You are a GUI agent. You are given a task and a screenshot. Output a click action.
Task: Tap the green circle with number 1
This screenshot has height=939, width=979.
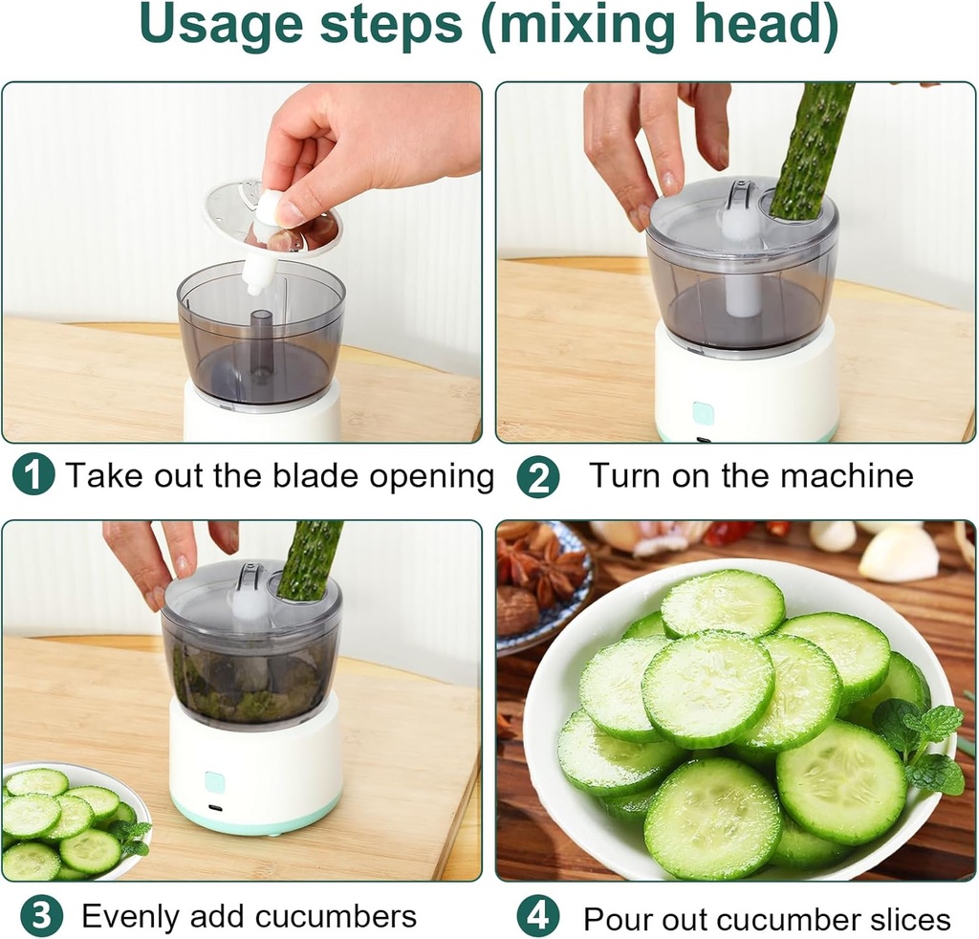[x=34, y=475]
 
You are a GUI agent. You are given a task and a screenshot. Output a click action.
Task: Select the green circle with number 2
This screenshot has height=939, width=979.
[x=537, y=476]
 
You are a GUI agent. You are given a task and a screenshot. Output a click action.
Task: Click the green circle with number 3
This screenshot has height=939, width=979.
[x=41, y=917]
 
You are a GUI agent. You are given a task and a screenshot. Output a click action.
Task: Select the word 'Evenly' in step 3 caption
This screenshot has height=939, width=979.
[x=130, y=917]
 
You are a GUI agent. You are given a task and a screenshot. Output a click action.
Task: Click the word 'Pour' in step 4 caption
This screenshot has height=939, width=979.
[x=616, y=919]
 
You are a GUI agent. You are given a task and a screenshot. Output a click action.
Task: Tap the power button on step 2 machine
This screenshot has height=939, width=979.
[x=703, y=413]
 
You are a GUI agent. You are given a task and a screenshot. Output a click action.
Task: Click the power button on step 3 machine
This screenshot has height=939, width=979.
[x=215, y=782]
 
